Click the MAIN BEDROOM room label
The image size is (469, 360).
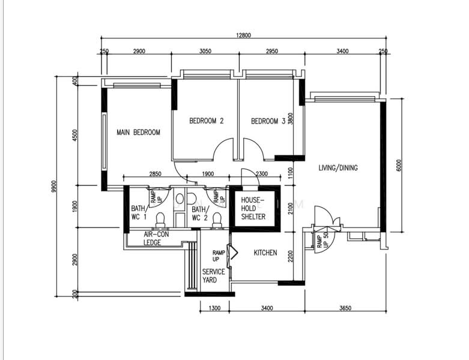[138, 133]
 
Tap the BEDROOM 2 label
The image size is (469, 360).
[207, 121]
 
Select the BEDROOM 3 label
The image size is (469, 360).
[268, 121]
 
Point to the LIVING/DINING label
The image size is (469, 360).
[338, 168]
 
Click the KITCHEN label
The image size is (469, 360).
[265, 253]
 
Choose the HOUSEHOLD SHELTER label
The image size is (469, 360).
[253, 208]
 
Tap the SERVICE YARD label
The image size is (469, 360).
[214, 276]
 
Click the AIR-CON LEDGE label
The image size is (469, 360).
[156, 238]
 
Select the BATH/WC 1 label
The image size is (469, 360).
[139, 213]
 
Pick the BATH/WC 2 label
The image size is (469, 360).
[199, 214]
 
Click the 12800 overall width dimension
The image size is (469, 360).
[243, 35]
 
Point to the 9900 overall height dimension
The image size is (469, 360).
[54, 187]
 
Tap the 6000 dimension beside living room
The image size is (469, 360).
[399, 165]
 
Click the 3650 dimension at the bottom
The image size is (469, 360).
[345, 308]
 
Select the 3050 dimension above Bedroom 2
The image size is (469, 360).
[205, 51]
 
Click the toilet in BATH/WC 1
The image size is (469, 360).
[160, 220]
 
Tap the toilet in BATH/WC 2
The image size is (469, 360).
[217, 220]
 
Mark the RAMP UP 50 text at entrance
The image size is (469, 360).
[322, 240]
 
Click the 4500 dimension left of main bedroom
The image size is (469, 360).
[75, 135]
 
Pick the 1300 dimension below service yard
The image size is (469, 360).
[215, 308]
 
